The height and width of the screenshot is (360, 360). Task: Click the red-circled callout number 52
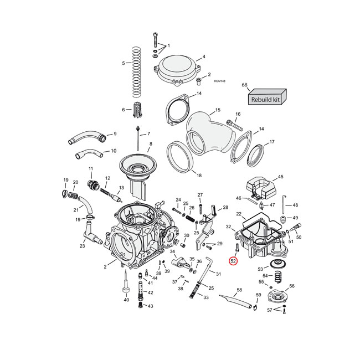[233, 261]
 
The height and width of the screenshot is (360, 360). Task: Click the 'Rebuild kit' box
[266, 100]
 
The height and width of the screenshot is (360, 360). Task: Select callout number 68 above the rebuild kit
[244, 85]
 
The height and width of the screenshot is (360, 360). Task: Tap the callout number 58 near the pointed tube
[239, 290]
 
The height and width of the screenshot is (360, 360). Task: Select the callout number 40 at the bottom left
[126, 300]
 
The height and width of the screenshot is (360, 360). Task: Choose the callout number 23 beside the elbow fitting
[82, 246]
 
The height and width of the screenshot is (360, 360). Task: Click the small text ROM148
[219, 81]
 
